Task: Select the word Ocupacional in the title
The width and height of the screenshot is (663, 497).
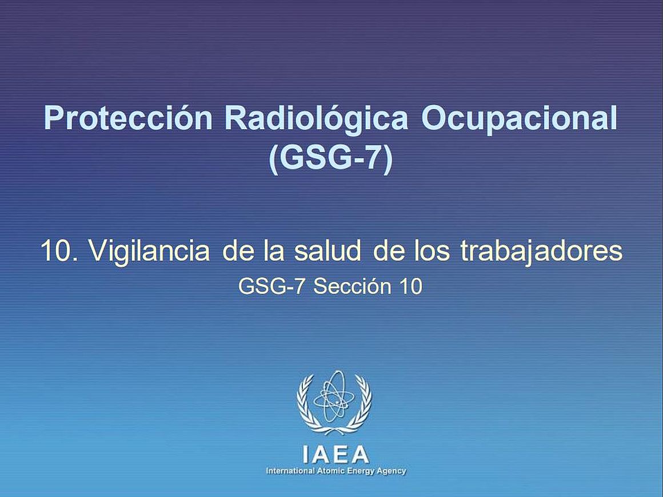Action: tap(519, 119)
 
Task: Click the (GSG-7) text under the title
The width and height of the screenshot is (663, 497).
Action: tap(331, 158)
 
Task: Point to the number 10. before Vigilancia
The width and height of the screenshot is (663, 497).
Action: tap(59, 250)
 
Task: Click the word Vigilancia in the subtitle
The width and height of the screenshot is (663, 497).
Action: tap(149, 251)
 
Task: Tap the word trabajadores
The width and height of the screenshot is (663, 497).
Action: tap(542, 251)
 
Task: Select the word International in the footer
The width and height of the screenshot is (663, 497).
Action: tap(290, 471)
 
